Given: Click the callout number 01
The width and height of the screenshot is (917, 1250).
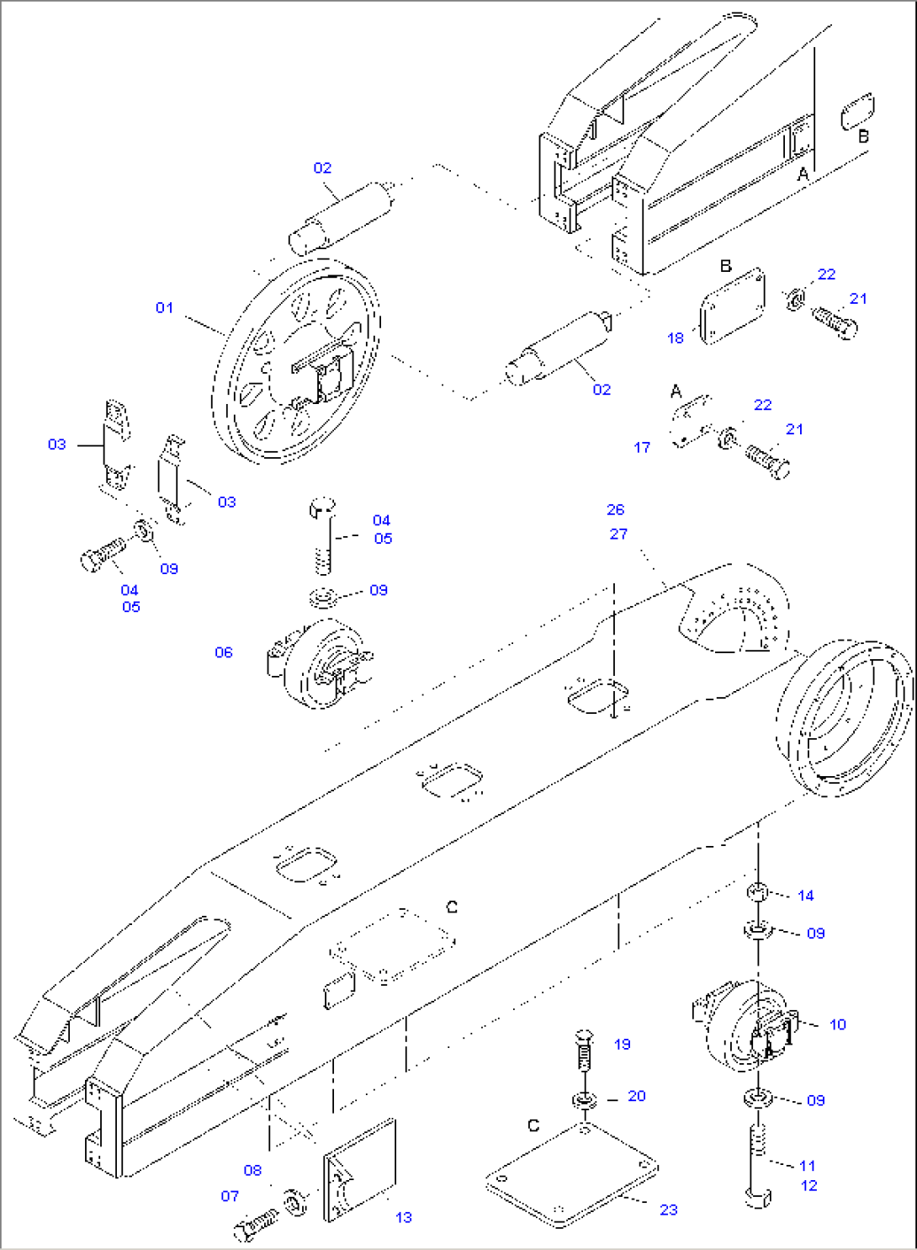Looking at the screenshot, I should pos(164,308).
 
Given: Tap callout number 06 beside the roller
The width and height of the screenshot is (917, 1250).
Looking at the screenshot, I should pos(223,652).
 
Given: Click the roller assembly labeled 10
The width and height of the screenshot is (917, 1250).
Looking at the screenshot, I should pos(745,1024).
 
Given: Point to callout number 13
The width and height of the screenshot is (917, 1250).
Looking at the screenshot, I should pos(404,1217).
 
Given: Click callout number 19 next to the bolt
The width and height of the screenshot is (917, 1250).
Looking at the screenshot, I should pos(622,1045).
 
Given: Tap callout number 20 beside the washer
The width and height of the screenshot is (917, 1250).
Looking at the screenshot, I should pos(637,1096).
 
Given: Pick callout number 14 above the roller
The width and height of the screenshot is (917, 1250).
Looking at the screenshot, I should pos(806,896).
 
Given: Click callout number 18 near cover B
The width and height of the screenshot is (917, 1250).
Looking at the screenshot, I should pos(676,338).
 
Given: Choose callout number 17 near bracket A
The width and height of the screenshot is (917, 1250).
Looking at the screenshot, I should pos(642,448).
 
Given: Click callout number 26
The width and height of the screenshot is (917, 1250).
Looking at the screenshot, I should pos(616,510).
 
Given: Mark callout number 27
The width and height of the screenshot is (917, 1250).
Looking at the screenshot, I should pos(618,535).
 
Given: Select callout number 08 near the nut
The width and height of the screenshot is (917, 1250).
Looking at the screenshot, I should pos(252,1171).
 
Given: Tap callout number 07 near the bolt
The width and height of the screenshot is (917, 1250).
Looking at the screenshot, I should pos(230,1196).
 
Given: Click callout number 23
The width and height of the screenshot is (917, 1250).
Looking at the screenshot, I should pos(669,1210).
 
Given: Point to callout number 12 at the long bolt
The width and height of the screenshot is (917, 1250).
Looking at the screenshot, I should pos(809,1186).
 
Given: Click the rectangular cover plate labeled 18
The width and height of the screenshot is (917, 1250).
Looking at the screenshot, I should pos(732,306).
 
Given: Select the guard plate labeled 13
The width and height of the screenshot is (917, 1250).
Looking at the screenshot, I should pos(360,1170).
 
